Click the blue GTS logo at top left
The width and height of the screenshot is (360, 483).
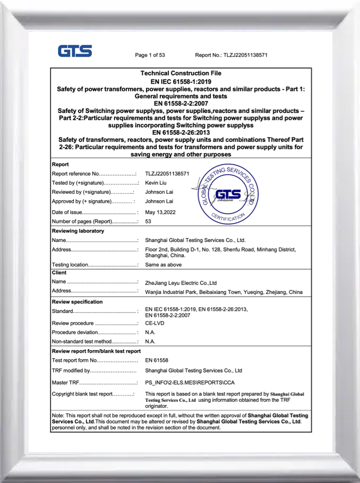(75, 51)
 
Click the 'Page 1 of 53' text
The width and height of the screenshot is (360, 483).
(150, 55)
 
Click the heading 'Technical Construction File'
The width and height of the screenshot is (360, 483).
(181, 73)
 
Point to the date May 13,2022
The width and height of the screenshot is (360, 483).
(160, 212)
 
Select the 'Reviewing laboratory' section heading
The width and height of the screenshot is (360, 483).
(78, 231)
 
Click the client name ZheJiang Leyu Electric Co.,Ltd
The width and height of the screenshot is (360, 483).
(181, 283)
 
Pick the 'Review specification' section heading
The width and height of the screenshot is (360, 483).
(78, 301)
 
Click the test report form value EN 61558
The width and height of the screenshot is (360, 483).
(156, 361)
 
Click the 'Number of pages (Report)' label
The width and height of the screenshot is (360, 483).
(95, 221)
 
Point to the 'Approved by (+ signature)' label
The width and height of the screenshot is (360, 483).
(93, 202)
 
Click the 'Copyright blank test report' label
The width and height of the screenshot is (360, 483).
(93, 394)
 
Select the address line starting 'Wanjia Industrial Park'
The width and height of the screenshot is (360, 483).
(224, 292)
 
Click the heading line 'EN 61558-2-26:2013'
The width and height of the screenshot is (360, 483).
(181, 133)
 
